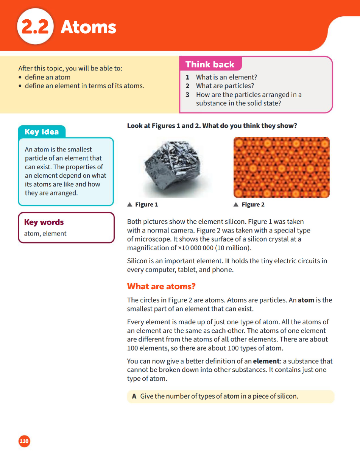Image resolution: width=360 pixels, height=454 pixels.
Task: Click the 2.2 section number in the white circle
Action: point(35,28)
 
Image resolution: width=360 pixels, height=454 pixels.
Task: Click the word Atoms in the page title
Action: point(88,27)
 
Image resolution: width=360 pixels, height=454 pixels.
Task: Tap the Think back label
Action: point(210,64)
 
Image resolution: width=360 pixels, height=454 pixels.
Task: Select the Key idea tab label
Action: point(42,132)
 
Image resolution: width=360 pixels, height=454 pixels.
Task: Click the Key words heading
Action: point(44,222)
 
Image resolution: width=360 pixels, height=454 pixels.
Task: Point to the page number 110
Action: point(24,441)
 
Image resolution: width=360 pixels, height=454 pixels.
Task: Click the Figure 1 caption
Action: point(146,204)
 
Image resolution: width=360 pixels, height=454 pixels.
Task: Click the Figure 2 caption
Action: point(253,204)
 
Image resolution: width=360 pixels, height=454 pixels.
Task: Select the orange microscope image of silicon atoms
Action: point(281,167)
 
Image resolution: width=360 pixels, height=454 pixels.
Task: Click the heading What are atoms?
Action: point(161,286)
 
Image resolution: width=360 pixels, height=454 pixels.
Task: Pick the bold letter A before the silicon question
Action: point(134,396)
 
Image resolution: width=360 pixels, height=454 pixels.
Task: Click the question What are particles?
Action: point(225,86)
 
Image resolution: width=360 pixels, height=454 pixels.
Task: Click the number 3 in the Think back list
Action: point(187,95)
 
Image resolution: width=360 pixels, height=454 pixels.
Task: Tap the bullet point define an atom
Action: point(47,77)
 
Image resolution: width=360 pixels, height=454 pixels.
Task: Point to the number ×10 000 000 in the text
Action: point(200,248)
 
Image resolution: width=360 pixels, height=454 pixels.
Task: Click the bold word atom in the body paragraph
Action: point(306,300)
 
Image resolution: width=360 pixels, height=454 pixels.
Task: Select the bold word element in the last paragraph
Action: point(266,361)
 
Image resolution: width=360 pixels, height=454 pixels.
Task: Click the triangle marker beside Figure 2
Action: point(236,204)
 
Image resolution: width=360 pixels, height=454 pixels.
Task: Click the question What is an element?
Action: point(226,77)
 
